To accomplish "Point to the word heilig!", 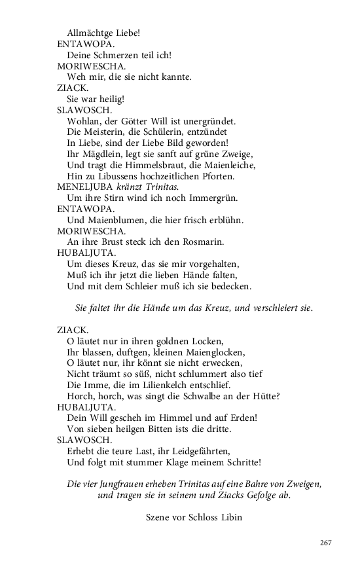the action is pyautogui.click(x=111, y=99).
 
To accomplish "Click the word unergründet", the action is pyautogui.click(x=208, y=121).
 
